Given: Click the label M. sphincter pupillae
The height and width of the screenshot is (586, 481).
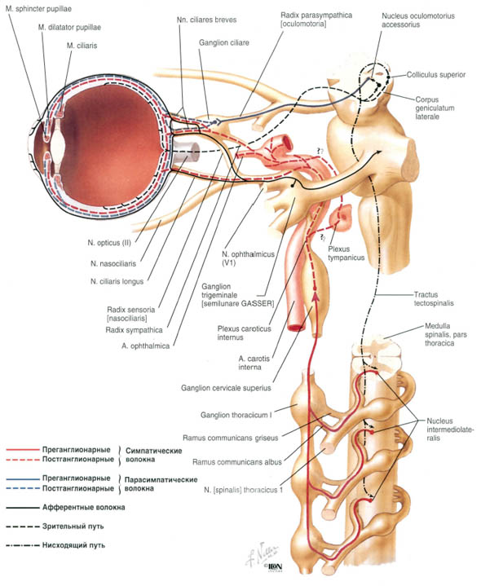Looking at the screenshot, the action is click(38, 8).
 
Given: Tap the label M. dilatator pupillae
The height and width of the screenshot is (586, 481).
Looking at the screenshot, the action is click(69, 27).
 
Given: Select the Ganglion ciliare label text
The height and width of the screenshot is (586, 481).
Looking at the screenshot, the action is click(224, 42).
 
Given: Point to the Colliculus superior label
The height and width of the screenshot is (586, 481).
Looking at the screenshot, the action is click(436, 75).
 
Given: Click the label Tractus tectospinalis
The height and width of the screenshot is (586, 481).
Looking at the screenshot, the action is click(434, 298).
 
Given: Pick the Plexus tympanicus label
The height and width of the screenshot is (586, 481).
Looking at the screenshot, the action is click(346, 253).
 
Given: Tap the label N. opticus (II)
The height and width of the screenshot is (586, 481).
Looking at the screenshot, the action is click(109, 243).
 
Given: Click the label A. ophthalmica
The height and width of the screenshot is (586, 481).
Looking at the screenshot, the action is click(145, 346).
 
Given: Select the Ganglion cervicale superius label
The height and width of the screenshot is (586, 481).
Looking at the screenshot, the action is click(226, 388).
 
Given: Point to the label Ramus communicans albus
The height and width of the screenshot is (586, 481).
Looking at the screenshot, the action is click(237, 462).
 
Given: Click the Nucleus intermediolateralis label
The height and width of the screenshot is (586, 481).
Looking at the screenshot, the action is click(450, 429).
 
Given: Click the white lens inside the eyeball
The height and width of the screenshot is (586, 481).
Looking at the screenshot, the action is click(58, 144).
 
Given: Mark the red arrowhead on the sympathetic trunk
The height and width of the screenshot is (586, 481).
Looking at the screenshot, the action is click(316, 297).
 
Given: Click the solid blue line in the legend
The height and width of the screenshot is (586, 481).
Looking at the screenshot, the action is click(23, 478).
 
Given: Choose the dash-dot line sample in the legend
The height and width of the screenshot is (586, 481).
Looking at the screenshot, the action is click(23, 545).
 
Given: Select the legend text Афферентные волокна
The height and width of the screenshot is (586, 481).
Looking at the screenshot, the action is click(84, 508).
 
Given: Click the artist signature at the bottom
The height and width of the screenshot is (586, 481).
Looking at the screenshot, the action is click(263, 554).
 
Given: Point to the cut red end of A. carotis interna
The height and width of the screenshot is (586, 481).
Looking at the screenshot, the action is click(296, 328).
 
